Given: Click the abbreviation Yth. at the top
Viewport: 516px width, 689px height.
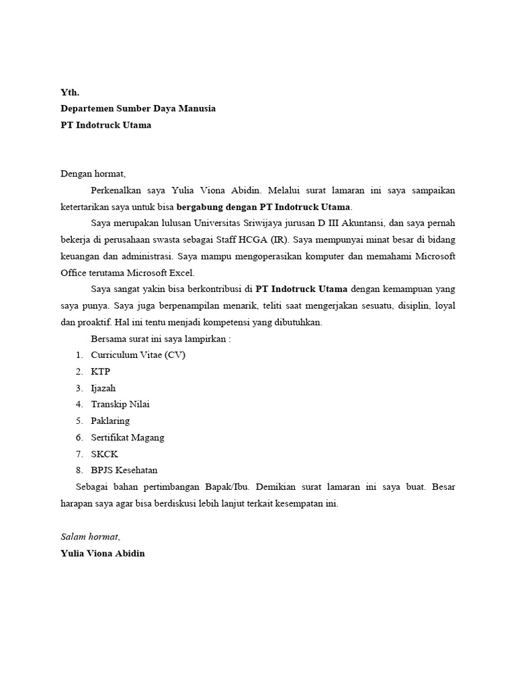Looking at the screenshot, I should point(70,92).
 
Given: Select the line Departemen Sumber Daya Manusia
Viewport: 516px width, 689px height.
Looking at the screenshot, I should point(138,108).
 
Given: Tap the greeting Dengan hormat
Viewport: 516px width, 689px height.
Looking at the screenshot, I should point(93,174).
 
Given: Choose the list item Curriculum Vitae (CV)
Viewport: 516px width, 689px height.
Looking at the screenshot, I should point(138,355).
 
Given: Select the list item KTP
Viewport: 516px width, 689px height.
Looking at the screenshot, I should point(101,371).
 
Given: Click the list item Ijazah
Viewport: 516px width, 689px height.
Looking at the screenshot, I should point(103,388).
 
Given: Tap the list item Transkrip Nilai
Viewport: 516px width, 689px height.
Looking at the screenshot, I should point(120,404).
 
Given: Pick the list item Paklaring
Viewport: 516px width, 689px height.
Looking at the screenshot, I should point(110,421).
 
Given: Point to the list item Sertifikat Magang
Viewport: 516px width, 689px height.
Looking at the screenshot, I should point(128,437).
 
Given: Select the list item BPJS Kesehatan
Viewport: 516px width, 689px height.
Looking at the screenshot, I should point(124,470).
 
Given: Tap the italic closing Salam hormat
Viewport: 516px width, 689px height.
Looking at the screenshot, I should point(90,536).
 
